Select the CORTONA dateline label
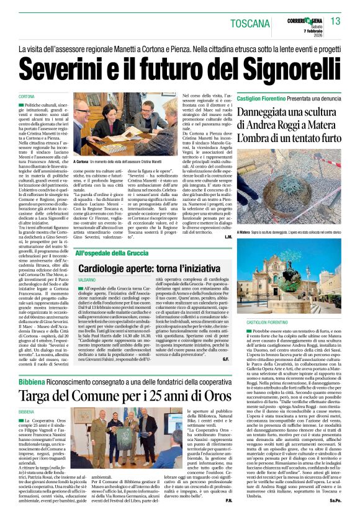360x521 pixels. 27,97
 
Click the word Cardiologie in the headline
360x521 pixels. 114,271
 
